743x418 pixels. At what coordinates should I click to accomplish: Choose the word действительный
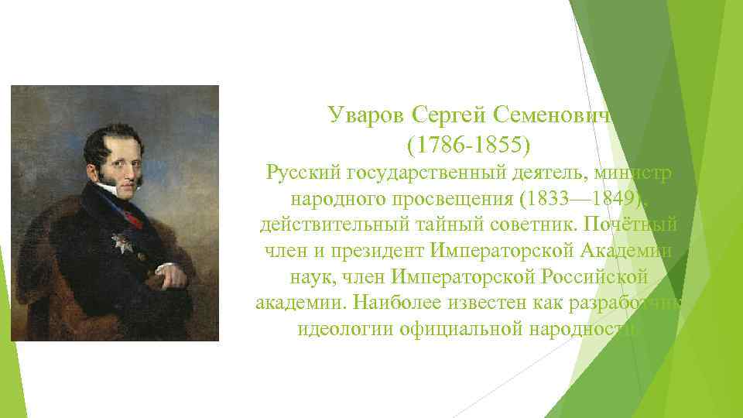(330, 224)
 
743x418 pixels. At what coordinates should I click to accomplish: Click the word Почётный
(638, 224)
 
